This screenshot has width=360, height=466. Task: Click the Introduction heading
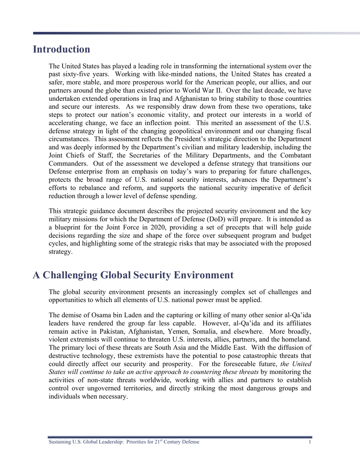pos(61,50)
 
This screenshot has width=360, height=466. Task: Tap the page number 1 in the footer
pos(310,442)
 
